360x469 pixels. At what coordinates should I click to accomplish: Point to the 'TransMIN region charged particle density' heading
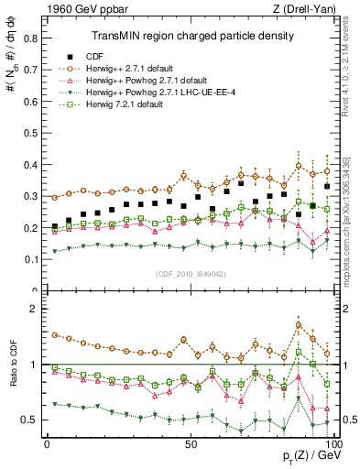[191, 37]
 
